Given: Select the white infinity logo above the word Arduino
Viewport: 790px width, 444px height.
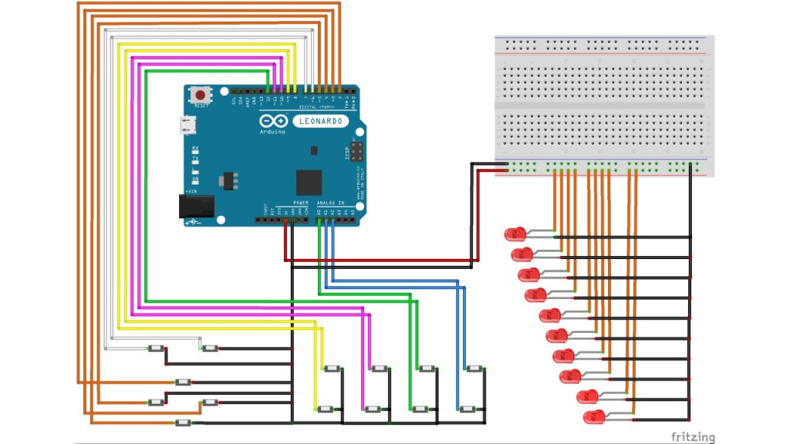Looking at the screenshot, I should [x=271, y=122].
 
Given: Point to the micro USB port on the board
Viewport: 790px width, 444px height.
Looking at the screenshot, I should [x=187, y=126].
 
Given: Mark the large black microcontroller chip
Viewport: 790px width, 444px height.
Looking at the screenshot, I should [x=308, y=182].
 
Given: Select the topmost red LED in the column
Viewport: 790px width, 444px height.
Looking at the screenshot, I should [x=515, y=234].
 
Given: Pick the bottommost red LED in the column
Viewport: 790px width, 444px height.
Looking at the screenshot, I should [x=595, y=416].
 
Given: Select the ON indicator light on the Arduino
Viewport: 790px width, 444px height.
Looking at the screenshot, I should [x=195, y=175].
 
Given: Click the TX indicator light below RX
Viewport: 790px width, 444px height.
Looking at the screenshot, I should [x=195, y=161].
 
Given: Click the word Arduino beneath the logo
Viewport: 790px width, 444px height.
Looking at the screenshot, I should [x=271, y=132].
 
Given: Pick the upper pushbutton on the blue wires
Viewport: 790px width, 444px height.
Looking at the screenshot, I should [x=474, y=368].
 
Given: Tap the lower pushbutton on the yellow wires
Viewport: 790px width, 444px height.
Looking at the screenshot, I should [x=326, y=409].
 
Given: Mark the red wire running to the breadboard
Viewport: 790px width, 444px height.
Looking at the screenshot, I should [x=386, y=261].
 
